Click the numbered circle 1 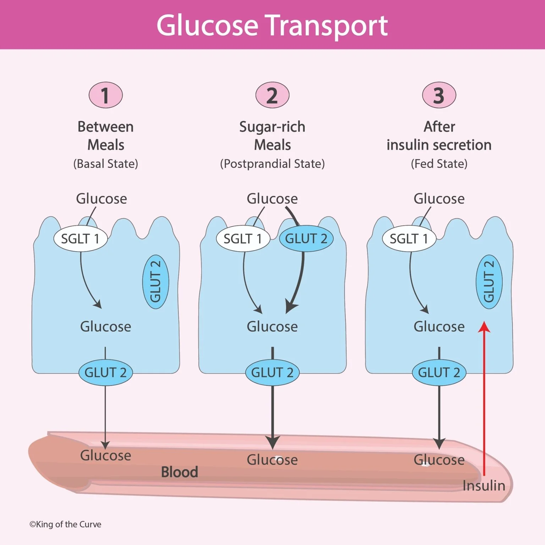click(105, 95)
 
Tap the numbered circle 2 click(272, 95)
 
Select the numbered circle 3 click(439, 95)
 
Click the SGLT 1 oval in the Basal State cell click(80, 239)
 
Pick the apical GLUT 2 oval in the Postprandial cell click(306, 239)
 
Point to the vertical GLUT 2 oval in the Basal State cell click(155, 282)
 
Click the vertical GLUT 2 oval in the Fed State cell click(489, 282)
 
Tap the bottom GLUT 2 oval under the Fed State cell click(439, 373)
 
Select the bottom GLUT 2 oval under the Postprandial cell click(272, 373)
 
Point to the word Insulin click(484, 485)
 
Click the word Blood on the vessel click(180, 472)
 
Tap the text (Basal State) click(105, 164)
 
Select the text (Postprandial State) click(272, 164)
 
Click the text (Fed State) click(439, 164)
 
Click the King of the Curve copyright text click(65, 524)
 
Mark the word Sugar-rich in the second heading click(272, 127)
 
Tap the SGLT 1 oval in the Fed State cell click(409, 239)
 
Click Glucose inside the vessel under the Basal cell click(105, 455)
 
